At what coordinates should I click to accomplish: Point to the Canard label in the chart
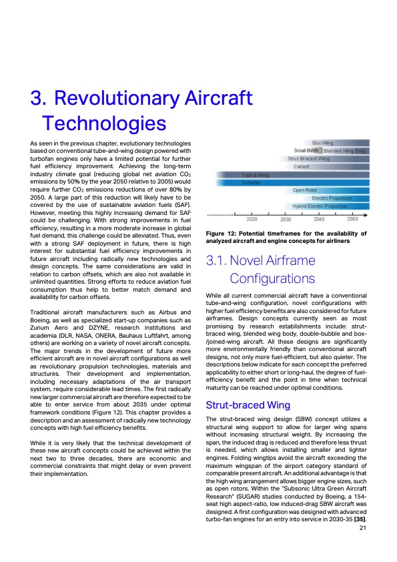coord(301,167)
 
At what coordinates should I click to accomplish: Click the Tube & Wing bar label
coord(255,175)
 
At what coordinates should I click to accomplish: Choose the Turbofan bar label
coord(252,182)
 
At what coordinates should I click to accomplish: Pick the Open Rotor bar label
coord(305,190)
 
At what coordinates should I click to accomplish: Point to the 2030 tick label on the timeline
coord(286,220)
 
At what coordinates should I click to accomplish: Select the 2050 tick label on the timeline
coord(352,220)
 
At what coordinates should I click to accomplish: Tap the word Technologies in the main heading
coord(103,123)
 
